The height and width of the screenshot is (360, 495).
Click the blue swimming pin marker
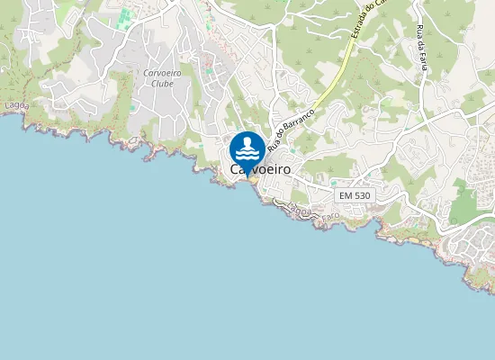(x=247, y=149)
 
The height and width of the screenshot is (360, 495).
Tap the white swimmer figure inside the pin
(x=247, y=146)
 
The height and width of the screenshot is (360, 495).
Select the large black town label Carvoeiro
(x=260, y=169)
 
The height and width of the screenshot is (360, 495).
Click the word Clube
(x=163, y=83)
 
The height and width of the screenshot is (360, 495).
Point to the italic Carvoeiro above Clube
(x=163, y=72)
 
